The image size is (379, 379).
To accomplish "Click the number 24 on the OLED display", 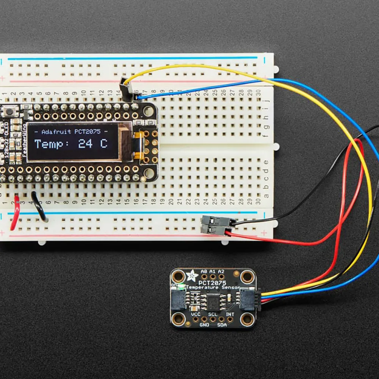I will [x=86, y=144].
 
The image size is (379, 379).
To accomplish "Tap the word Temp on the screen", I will [x=49, y=144].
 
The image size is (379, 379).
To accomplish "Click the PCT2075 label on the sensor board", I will [x=213, y=283].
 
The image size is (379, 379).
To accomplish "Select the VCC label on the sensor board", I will [x=196, y=314].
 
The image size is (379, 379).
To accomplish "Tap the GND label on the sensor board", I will [x=204, y=324].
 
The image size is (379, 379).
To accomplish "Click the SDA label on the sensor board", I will [x=222, y=325].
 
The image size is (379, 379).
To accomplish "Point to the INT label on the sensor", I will [x=230, y=314].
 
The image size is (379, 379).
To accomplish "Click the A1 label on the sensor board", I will [x=213, y=271].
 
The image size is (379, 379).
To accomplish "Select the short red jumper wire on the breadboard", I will [x=15, y=212].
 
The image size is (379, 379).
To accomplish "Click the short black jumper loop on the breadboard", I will [x=39, y=207].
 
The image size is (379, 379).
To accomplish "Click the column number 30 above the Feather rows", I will [x=259, y=92].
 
